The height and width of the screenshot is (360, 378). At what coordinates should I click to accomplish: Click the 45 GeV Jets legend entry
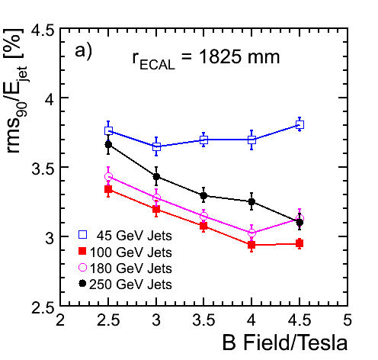[x=125, y=236]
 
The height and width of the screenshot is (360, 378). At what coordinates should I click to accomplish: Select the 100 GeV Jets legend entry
[x=125, y=252]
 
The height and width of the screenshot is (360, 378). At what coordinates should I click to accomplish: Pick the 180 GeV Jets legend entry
[x=125, y=268]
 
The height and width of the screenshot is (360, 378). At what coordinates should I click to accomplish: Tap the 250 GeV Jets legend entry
[x=125, y=284]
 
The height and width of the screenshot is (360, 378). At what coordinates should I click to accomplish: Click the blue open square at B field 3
[x=157, y=146]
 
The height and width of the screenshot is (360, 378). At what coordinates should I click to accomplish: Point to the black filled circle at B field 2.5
[x=108, y=145]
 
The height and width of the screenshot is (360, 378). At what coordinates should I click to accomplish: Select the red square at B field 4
[x=251, y=245]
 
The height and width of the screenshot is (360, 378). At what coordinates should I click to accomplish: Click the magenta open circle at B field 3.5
[x=203, y=217]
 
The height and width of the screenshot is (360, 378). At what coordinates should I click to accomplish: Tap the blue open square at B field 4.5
[x=300, y=125]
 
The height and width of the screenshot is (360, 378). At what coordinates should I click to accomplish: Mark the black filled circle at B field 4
[x=251, y=202]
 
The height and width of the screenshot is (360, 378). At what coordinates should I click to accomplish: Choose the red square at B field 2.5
[x=108, y=189]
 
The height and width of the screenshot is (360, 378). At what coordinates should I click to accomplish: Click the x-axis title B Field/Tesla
[x=285, y=343]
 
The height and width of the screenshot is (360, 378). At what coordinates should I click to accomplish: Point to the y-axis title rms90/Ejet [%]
[x=16, y=92]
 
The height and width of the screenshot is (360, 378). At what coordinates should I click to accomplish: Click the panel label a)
[x=83, y=52]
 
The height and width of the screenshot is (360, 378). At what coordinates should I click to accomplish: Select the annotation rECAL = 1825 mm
[x=206, y=59]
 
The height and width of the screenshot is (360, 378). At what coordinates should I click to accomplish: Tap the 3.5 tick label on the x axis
[x=203, y=320]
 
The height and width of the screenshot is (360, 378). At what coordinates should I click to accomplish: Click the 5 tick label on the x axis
[x=348, y=320]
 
